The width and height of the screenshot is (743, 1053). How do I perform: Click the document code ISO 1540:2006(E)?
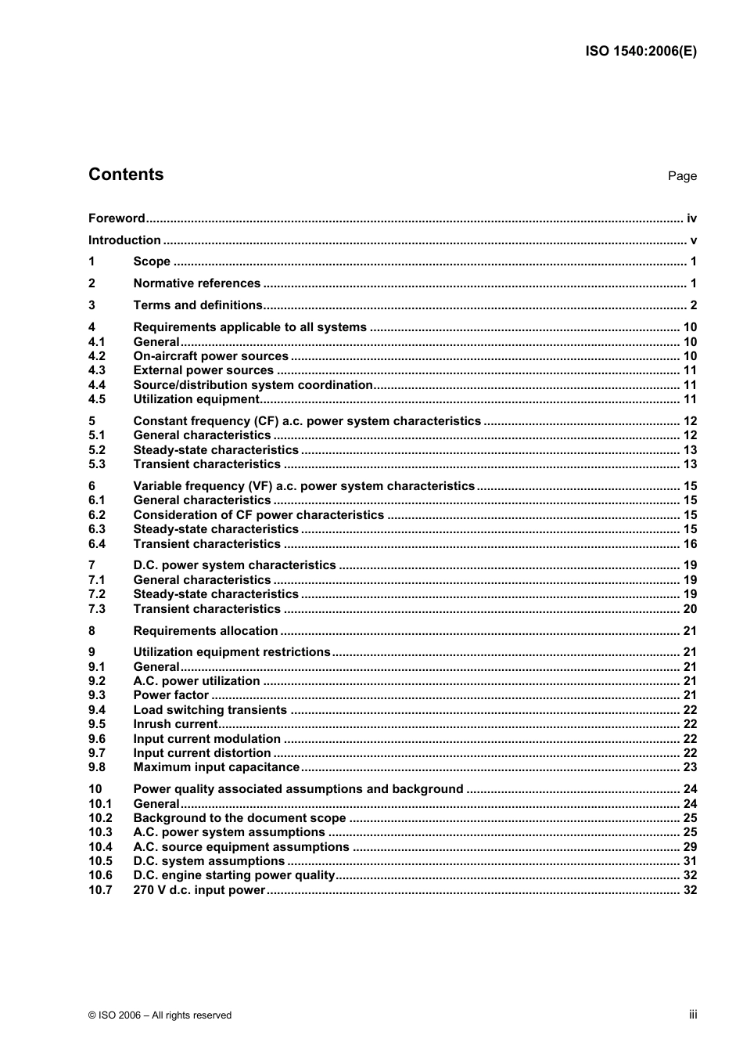641,52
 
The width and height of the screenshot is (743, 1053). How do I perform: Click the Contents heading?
126,175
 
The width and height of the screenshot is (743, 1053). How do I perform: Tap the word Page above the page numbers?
682,176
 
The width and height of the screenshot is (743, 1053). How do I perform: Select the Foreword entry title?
117,218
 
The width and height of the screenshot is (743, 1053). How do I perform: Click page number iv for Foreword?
691,218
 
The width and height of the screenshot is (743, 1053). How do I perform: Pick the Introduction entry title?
124,240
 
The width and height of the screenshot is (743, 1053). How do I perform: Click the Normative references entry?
196,283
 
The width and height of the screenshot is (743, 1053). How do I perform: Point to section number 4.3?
97,370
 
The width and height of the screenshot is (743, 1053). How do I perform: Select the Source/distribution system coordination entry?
253,385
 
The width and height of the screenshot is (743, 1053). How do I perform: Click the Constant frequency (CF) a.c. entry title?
307,421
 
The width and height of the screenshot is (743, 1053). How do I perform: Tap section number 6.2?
97,515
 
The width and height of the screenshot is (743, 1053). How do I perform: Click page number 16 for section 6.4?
690,544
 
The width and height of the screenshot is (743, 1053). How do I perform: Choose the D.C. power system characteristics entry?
234,565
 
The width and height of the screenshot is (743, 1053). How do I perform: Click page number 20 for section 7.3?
690,609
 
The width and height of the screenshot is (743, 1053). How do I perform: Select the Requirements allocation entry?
205,631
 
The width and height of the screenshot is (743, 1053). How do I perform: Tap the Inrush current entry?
175,724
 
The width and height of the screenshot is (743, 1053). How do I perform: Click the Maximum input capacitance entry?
216,767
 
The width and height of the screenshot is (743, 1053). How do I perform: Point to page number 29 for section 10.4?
690,847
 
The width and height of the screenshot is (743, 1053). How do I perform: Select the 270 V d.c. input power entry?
199,890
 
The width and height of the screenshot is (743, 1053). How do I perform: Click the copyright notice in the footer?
160,1015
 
